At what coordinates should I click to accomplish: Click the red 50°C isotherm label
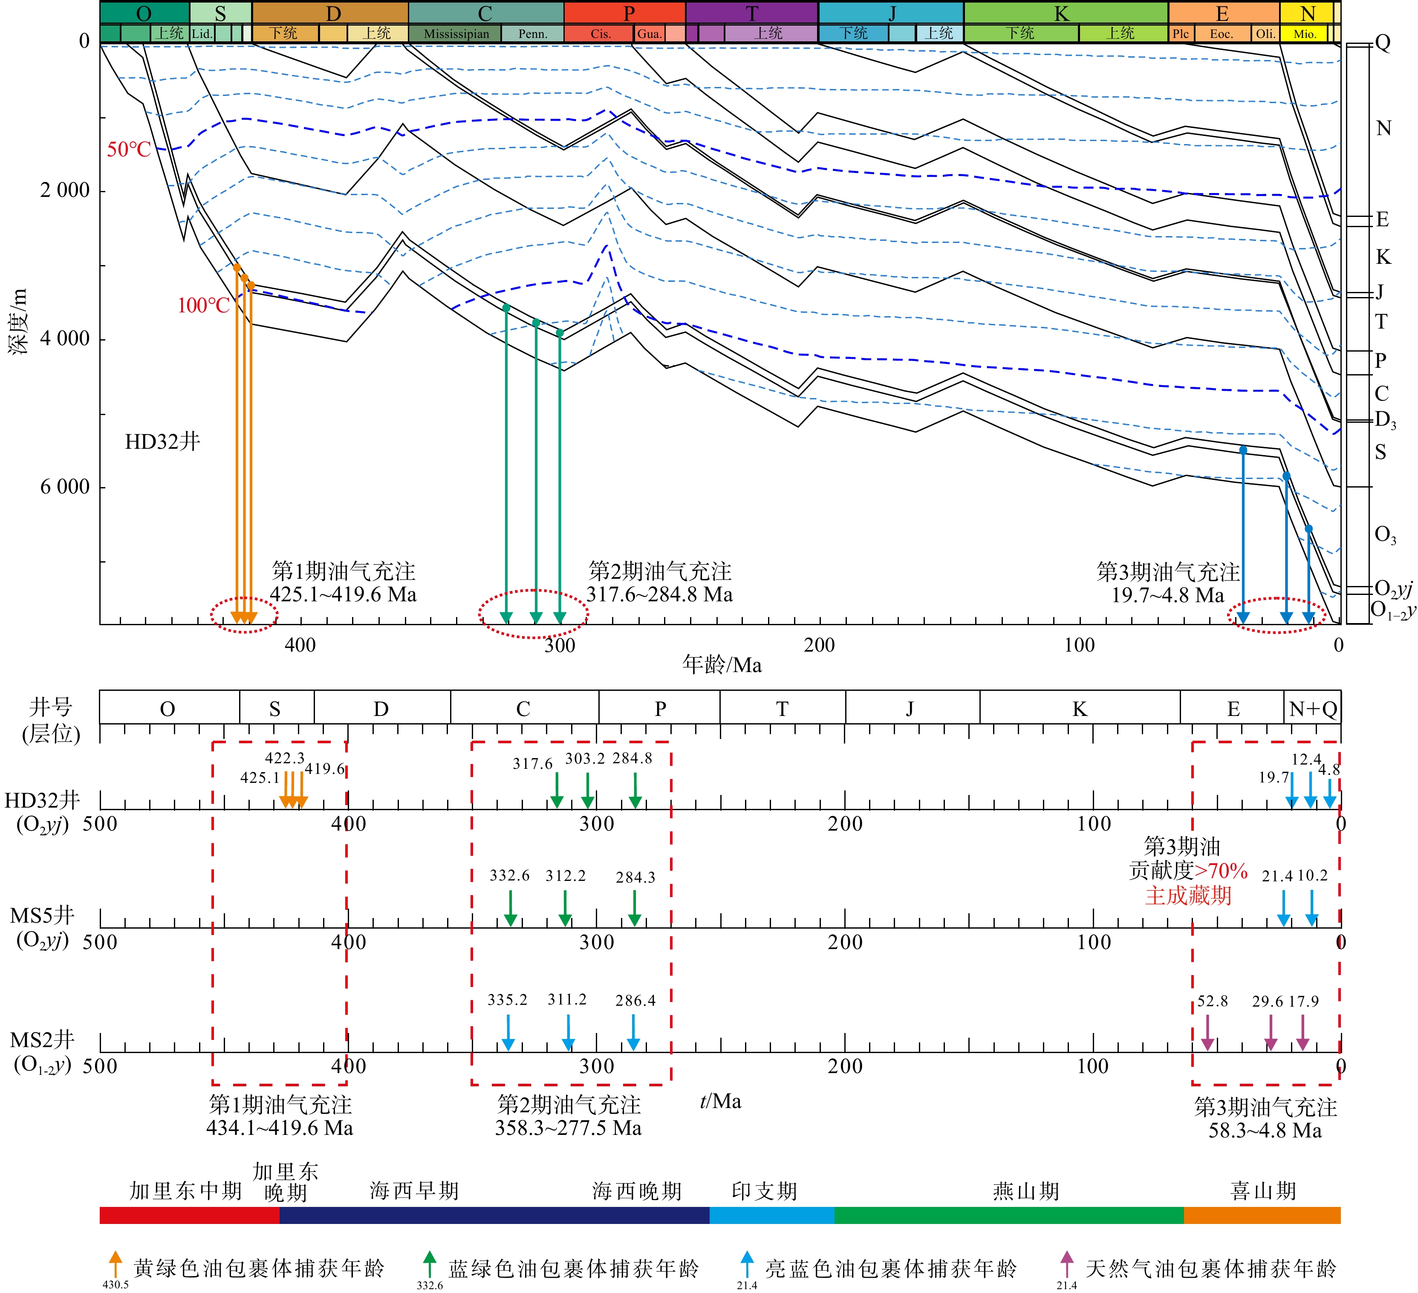click(x=129, y=149)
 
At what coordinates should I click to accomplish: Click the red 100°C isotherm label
click(x=203, y=305)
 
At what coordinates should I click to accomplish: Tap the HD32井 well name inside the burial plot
click(x=162, y=442)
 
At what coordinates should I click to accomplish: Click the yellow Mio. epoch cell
click(x=1305, y=34)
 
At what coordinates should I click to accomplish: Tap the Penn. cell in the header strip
click(x=532, y=34)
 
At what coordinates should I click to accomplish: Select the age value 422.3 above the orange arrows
click(x=285, y=758)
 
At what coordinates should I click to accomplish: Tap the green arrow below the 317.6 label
click(x=556, y=791)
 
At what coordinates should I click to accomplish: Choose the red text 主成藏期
click(x=1188, y=895)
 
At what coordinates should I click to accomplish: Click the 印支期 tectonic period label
click(x=765, y=1191)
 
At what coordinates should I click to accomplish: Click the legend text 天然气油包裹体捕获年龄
click(x=1210, y=1268)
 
